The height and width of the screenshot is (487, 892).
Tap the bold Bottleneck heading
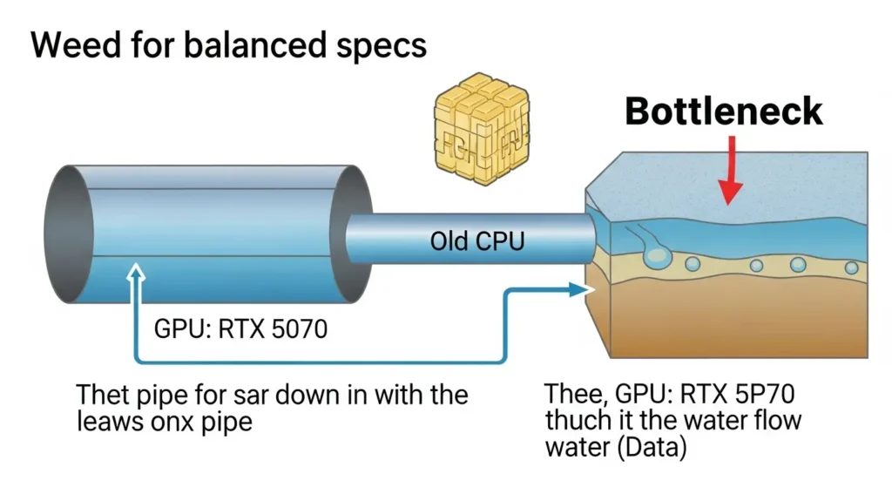coord(724,112)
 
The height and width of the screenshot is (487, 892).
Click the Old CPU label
coord(477,241)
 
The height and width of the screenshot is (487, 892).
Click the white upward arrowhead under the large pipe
coord(134,276)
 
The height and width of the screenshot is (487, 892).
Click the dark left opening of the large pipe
coord(67,233)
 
